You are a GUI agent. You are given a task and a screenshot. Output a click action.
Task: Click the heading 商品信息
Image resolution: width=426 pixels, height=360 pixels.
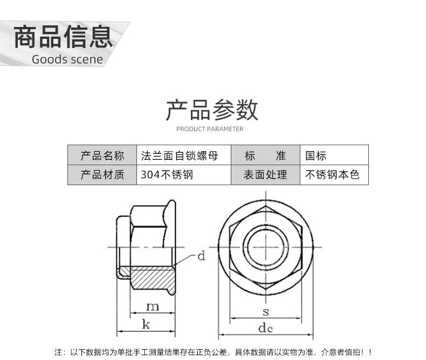coord(63,37)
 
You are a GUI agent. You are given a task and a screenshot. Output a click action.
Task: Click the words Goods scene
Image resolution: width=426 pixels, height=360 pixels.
coord(67,59)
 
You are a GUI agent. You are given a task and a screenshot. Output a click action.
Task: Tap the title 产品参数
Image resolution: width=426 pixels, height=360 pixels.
coord(212,110)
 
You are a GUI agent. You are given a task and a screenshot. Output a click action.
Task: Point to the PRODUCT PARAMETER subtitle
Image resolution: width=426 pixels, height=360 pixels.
coord(210,129)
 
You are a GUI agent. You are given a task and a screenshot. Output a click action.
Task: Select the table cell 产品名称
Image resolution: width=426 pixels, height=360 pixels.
coord(102,156)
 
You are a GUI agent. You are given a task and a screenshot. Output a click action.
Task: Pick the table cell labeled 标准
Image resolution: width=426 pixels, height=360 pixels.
coord(265,156)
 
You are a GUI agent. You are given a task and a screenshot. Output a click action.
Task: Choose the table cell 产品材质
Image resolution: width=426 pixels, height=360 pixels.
coord(102,175)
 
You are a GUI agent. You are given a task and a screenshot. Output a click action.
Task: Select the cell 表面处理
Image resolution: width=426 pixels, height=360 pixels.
coord(265,175)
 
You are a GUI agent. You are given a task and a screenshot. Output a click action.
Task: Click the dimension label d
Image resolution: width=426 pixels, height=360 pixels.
coord(201,256)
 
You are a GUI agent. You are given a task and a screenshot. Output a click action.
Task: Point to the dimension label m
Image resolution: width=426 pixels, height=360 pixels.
coord(153,307)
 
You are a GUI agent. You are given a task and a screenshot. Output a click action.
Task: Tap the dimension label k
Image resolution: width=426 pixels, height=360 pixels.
coord(146,324)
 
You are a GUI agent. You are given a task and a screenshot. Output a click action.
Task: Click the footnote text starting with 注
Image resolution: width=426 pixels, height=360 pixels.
coord(212,352)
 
